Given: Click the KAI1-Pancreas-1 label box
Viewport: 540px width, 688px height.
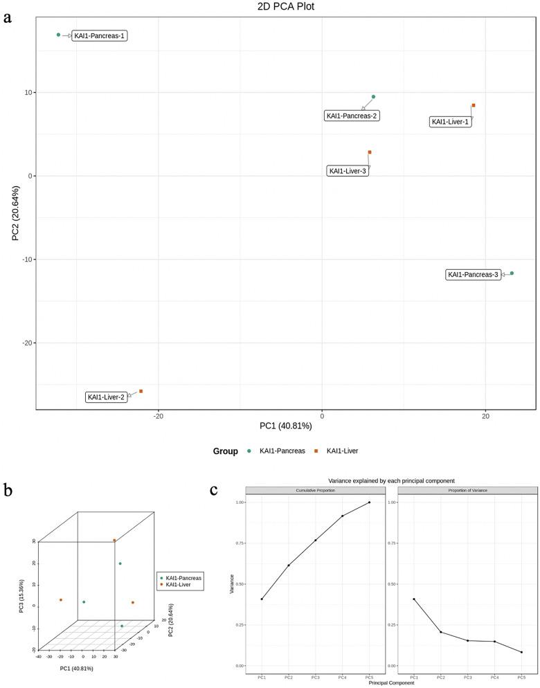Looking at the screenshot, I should (100, 35).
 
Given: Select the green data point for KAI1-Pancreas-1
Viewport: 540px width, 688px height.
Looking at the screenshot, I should (59, 35).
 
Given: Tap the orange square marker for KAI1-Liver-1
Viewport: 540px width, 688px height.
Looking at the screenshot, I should (474, 105).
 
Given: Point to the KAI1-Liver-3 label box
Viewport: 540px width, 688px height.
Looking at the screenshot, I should (348, 171).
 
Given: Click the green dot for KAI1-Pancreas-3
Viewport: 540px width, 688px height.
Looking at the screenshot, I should (512, 273).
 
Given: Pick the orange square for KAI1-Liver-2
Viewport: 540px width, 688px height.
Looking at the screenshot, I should (141, 391).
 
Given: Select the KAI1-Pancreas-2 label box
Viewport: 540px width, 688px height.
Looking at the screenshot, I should (352, 116).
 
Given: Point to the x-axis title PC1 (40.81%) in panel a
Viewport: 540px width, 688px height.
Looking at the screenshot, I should (286, 425).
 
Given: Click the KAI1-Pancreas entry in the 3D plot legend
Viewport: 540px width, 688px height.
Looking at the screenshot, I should (183, 577).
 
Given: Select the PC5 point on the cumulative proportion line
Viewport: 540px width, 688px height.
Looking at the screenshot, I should (369, 503).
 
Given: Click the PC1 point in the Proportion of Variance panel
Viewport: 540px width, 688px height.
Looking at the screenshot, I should (414, 599).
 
